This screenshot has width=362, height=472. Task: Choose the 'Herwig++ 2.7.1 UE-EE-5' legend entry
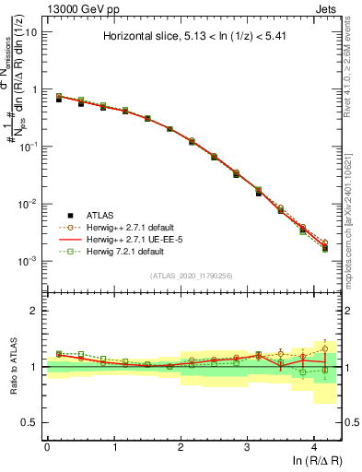(x=138, y=238)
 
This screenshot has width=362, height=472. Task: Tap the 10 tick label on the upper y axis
(x=30, y=31)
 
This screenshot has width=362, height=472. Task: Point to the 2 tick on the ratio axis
(x=34, y=311)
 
